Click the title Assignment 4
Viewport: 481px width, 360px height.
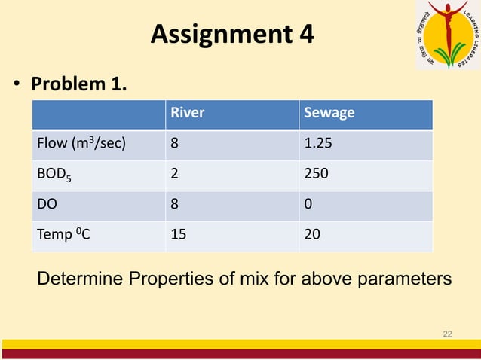231,34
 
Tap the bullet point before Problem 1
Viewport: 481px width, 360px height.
15,85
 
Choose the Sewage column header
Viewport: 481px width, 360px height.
329,114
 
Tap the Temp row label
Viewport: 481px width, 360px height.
63,234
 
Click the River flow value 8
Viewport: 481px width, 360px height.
175,144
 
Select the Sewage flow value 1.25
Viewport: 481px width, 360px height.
317,144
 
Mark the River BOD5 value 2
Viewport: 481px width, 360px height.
175,174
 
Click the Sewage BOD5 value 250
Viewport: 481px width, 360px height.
315,174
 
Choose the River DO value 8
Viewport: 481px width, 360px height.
175,204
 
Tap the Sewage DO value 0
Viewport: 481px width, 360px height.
308,204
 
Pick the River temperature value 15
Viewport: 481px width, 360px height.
179,234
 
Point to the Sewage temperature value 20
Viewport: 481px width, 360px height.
311,234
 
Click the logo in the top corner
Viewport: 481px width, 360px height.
447,34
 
